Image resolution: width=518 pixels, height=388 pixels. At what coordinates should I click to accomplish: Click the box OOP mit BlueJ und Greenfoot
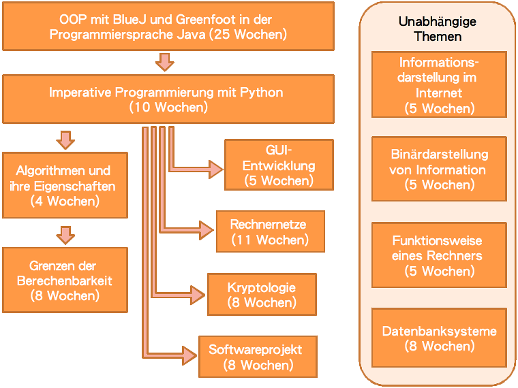168,26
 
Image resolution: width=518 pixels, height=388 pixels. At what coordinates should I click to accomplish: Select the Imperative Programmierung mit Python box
168,99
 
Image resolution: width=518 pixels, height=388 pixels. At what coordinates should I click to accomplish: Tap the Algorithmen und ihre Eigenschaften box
65,185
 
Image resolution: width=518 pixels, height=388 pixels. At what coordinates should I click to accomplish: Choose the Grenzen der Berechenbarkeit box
65,280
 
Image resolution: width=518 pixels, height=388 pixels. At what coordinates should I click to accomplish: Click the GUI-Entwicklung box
279,165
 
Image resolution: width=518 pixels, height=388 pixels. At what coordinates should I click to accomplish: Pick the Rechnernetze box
270,231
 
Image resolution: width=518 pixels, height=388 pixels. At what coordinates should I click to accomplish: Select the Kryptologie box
262,294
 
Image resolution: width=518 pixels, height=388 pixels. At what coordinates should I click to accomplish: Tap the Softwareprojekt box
258,357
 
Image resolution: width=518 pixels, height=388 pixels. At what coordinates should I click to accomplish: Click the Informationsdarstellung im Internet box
439,84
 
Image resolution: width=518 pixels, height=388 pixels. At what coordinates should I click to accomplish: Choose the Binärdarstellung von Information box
439,169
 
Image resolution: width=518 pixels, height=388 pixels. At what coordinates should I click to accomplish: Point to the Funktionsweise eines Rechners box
439,255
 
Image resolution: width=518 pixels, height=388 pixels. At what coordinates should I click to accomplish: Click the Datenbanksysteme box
439,338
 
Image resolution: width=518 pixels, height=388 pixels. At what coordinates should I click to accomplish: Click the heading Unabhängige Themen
437,29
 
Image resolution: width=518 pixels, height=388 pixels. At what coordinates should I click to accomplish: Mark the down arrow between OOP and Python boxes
164,62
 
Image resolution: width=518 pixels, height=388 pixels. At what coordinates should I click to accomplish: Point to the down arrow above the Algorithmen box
65,140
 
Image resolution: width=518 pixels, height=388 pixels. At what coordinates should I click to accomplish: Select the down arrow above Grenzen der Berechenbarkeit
65,235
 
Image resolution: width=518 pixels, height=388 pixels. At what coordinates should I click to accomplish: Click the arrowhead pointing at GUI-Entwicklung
216,167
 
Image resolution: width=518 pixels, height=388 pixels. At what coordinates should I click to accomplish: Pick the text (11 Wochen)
270,240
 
